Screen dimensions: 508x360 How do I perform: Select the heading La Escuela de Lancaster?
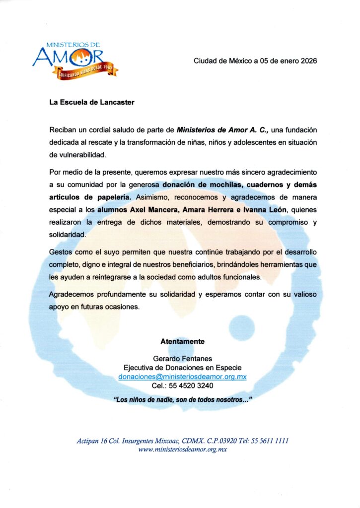(x=92, y=103)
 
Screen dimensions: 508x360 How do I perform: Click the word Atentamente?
(x=182, y=342)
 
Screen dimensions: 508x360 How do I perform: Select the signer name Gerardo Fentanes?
(x=182, y=359)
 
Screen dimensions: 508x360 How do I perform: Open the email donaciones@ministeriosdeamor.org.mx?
(x=182, y=377)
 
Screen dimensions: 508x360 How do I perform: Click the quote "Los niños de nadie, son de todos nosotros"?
(x=182, y=400)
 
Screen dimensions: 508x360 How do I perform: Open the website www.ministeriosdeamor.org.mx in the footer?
(x=182, y=449)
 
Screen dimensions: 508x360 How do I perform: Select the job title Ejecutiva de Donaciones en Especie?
(x=182, y=368)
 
